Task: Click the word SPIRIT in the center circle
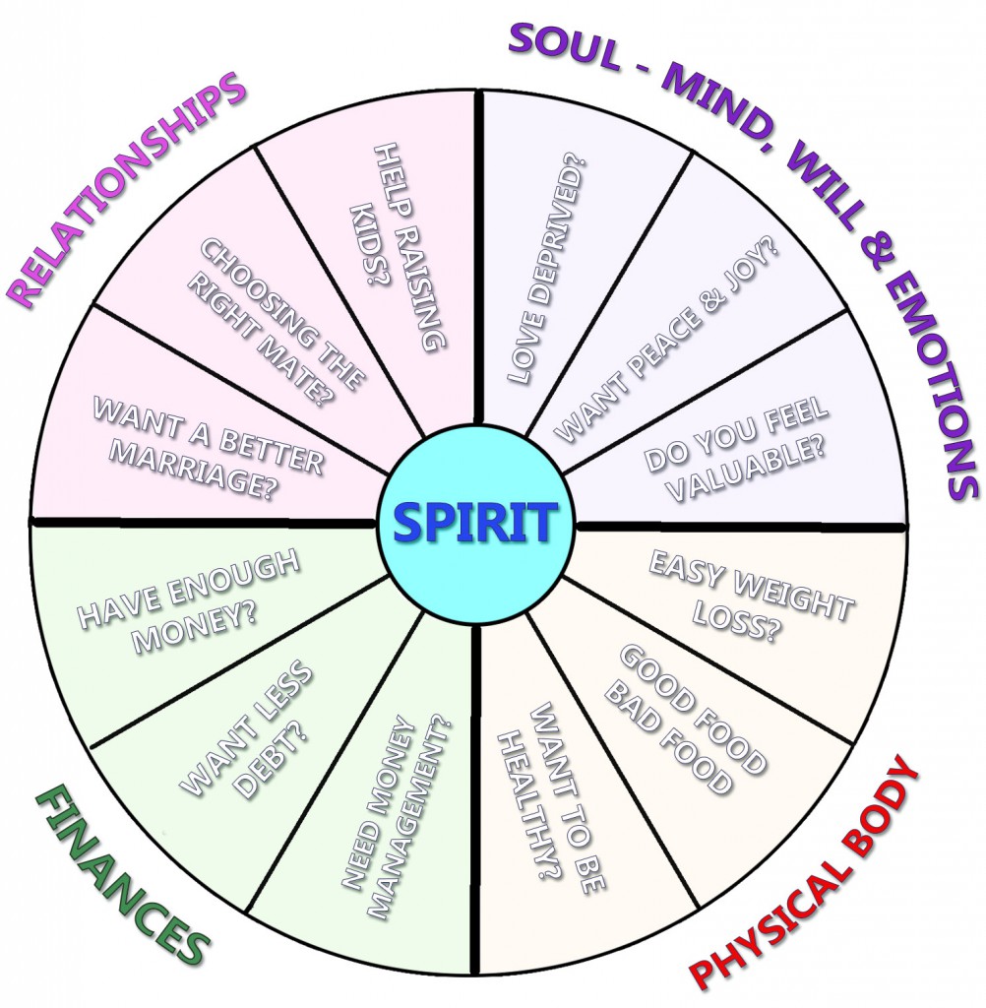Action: [x=475, y=523]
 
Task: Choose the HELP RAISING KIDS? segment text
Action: [x=398, y=246]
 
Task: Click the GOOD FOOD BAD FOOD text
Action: [x=684, y=719]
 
